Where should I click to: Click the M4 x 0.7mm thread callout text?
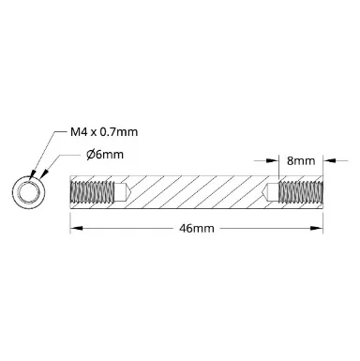[104, 132]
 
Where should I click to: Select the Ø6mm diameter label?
[105, 155]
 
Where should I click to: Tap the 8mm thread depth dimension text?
[301, 161]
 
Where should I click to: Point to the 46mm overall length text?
[197, 229]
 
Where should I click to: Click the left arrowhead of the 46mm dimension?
[76, 229]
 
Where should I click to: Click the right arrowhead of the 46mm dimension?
[317, 229]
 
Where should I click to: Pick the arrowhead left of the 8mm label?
[272, 160]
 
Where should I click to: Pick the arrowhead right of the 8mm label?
[329, 160]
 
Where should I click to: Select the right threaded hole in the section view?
[300, 192]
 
